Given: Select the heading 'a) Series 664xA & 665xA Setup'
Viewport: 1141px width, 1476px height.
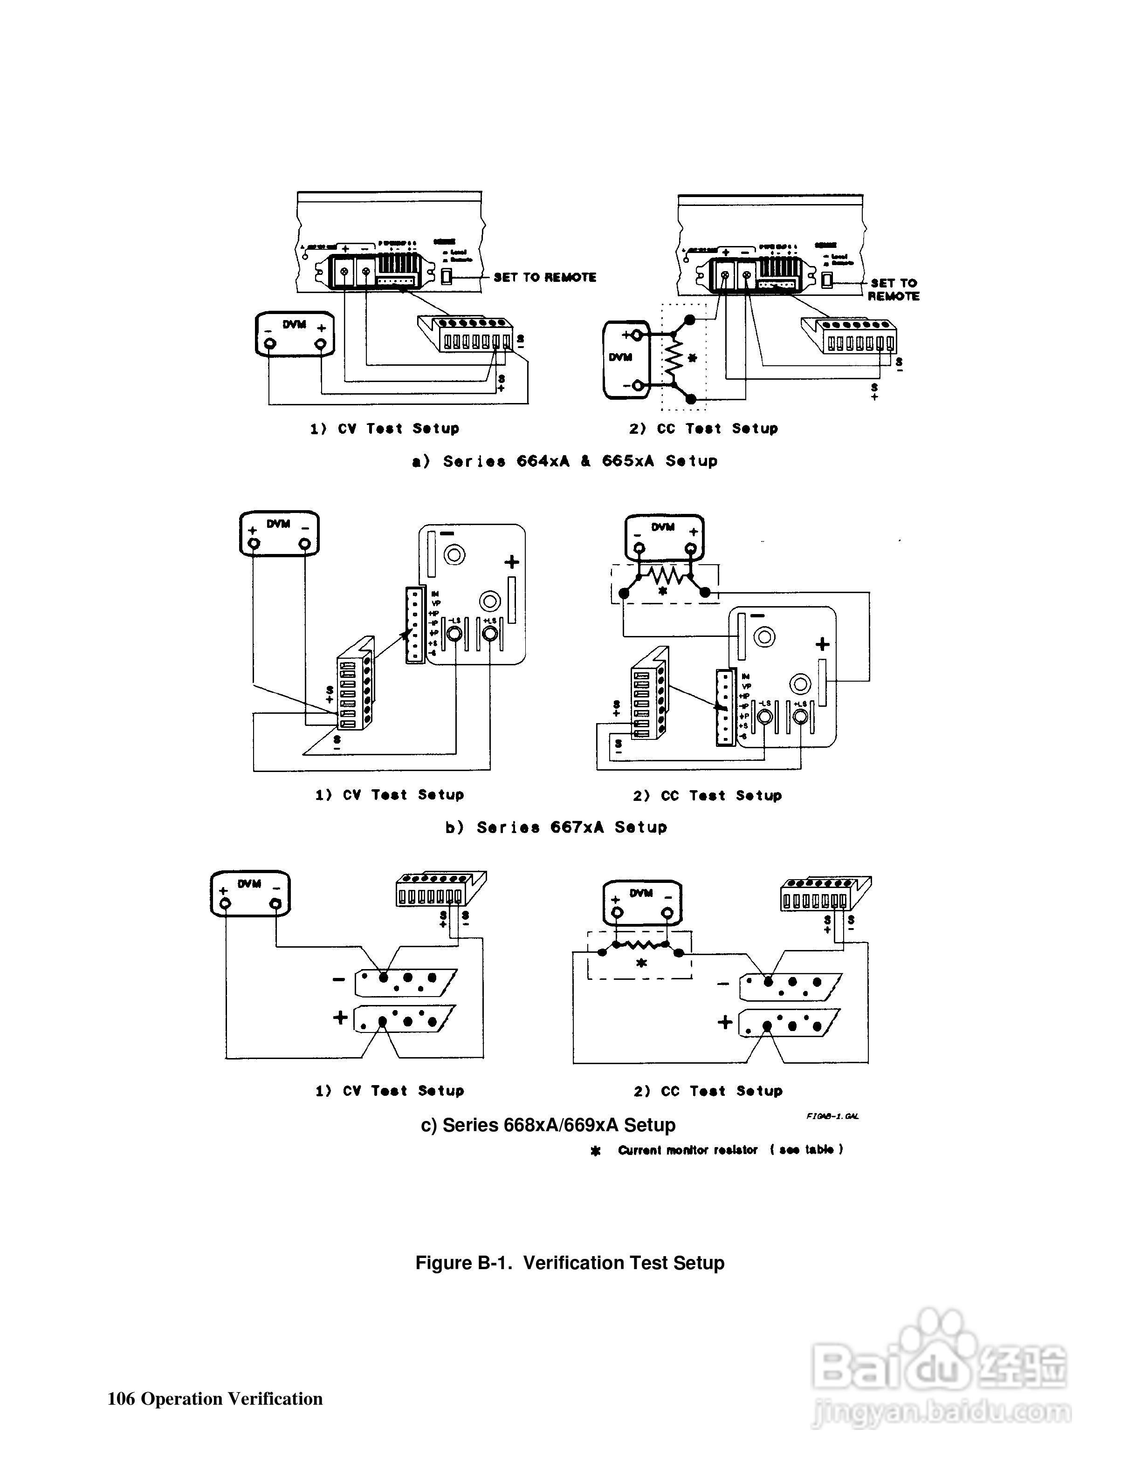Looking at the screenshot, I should coord(565,462).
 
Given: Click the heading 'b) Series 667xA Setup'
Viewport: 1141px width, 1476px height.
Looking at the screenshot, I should coord(556,827).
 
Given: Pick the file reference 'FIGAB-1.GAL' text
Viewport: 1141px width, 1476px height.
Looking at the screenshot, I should coord(832,1116).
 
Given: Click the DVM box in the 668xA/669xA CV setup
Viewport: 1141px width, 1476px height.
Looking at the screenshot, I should coord(250,894).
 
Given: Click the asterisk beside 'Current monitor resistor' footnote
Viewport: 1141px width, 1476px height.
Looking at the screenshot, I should coord(596,1151).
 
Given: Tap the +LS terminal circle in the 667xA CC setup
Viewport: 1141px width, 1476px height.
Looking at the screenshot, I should coord(800,717).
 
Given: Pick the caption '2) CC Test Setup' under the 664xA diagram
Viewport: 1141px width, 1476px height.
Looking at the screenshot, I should coord(703,429).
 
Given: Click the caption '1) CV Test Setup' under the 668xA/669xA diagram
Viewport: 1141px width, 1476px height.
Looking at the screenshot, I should coord(389,1091).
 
